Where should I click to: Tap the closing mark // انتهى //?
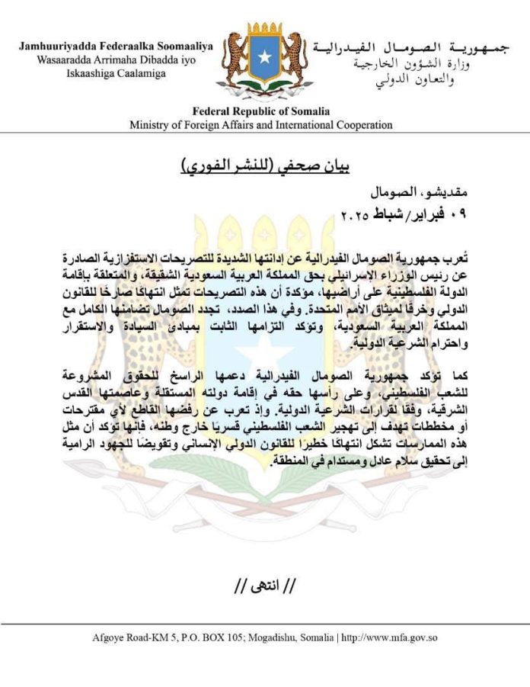tap(264, 586)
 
